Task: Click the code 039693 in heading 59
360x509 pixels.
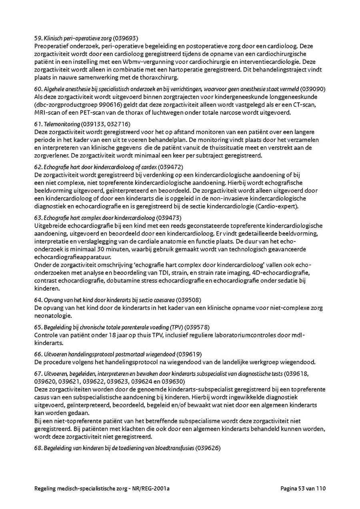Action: click(x=126, y=38)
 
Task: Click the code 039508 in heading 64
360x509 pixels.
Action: click(x=189, y=300)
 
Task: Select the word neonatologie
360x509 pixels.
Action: click(x=53, y=315)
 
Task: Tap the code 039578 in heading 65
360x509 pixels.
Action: click(x=196, y=327)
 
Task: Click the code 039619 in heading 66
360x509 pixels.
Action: click(x=189, y=354)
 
